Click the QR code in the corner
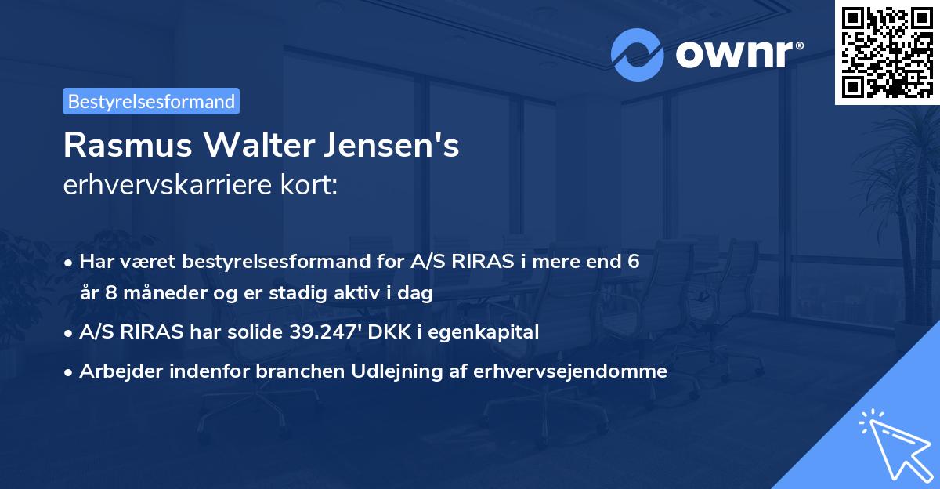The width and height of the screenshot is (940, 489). (888, 52)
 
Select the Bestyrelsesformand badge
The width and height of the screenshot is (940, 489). (151, 101)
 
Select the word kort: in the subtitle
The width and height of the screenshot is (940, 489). (310, 187)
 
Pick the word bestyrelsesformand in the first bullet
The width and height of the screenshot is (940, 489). (258, 260)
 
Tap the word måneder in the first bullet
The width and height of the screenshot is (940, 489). (154, 293)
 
